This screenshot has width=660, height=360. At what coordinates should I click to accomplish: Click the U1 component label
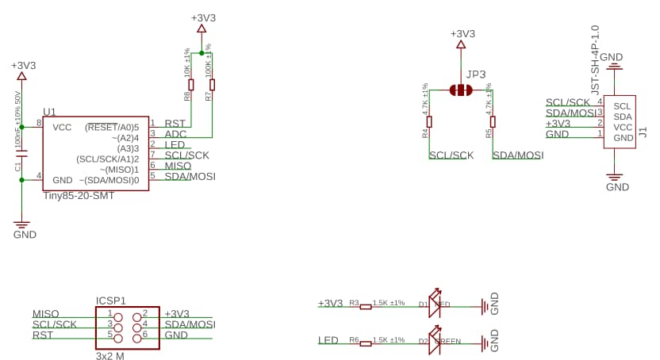click(x=49, y=112)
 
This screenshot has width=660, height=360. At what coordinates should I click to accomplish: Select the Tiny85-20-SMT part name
click(x=79, y=195)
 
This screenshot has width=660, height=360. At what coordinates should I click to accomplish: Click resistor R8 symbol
click(x=190, y=85)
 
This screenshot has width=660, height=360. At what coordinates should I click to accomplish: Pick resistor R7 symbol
click(x=212, y=85)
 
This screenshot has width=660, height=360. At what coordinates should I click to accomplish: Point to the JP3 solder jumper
click(x=460, y=90)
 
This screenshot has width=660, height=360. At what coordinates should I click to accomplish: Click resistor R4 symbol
click(x=429, y=121)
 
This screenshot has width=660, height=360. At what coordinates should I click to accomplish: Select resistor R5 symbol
click(x=493, y=121)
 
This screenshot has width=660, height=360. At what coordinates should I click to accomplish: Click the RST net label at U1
click(x=175, y=124)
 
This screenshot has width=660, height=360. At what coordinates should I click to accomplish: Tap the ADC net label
click(x=175, y=135)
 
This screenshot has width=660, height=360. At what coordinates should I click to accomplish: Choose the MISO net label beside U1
click(x=178, y=166)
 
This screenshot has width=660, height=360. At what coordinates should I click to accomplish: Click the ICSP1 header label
click(x=111, y=301)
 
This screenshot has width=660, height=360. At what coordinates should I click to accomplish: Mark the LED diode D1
click(x=434, y=304)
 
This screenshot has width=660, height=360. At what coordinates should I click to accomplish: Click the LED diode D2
click(x=434, y=342)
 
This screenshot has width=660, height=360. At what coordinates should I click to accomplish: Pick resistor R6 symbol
click(x=365, y=342)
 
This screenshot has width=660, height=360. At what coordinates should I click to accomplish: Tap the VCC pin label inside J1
click(x=623, y=128)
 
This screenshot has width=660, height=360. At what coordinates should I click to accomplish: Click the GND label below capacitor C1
click(x=25, y=235)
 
